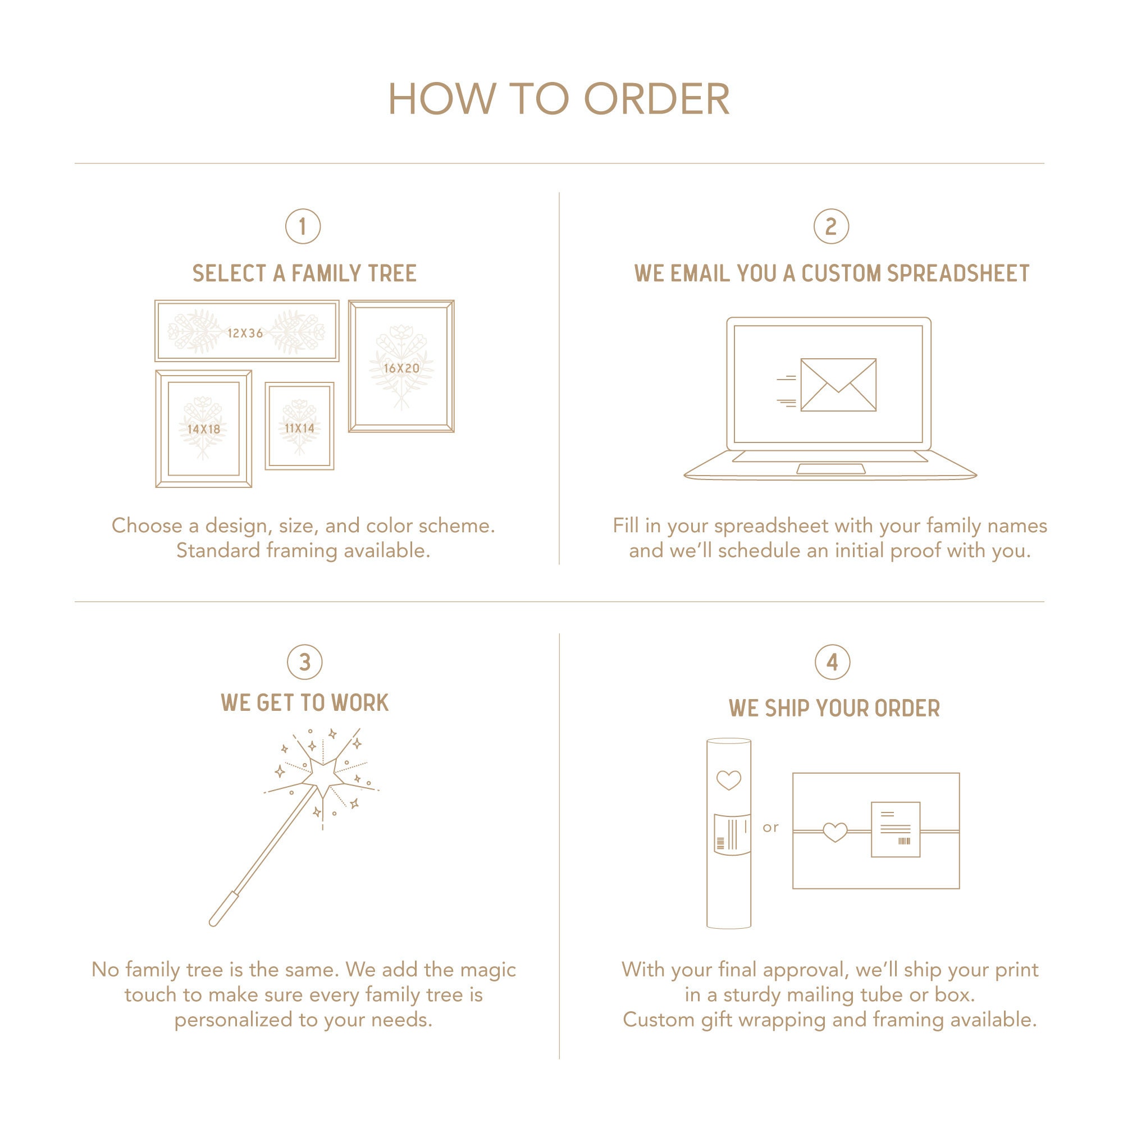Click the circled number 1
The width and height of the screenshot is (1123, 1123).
pyautogui.click(x=303, y=226)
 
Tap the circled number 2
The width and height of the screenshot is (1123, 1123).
pyautogui.click(x=830, y=226)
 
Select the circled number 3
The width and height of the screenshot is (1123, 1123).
pyautogui.click(x=304, y=662)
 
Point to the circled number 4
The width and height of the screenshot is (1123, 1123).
pyautogui.click(x=832, y=662)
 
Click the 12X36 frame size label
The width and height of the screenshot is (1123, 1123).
pyautogui.click(x=245, y=333)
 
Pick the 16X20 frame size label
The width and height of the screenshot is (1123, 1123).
pyautogui.click(x=401, y=368)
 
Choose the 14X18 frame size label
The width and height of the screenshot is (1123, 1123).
pyautogui.click(x=203, y=429)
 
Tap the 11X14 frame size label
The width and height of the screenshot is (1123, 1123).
pyautogui.click(x=299, y=428)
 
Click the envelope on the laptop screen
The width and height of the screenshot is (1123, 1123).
pyautogui.click(x=838, y=385)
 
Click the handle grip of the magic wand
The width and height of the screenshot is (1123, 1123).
pyautogui.click(x=224, y=908)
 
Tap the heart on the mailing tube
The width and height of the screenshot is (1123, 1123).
pyautogui.click(x=728, y=780)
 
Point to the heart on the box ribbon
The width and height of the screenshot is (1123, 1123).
pyautogui.click(x=835, y=832)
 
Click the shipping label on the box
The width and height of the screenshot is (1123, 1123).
pyautogui.click(x=895, y=829)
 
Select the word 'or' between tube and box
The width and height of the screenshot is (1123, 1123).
pyautogui.click(x=770, y=828)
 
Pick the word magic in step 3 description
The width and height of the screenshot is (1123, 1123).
pyautogui.click(x=488, y=970)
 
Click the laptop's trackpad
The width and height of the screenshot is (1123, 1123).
pyautogui.click(x=830, y=469)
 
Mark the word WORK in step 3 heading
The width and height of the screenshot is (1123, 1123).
pyautogui.click(x=360, y=703)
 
